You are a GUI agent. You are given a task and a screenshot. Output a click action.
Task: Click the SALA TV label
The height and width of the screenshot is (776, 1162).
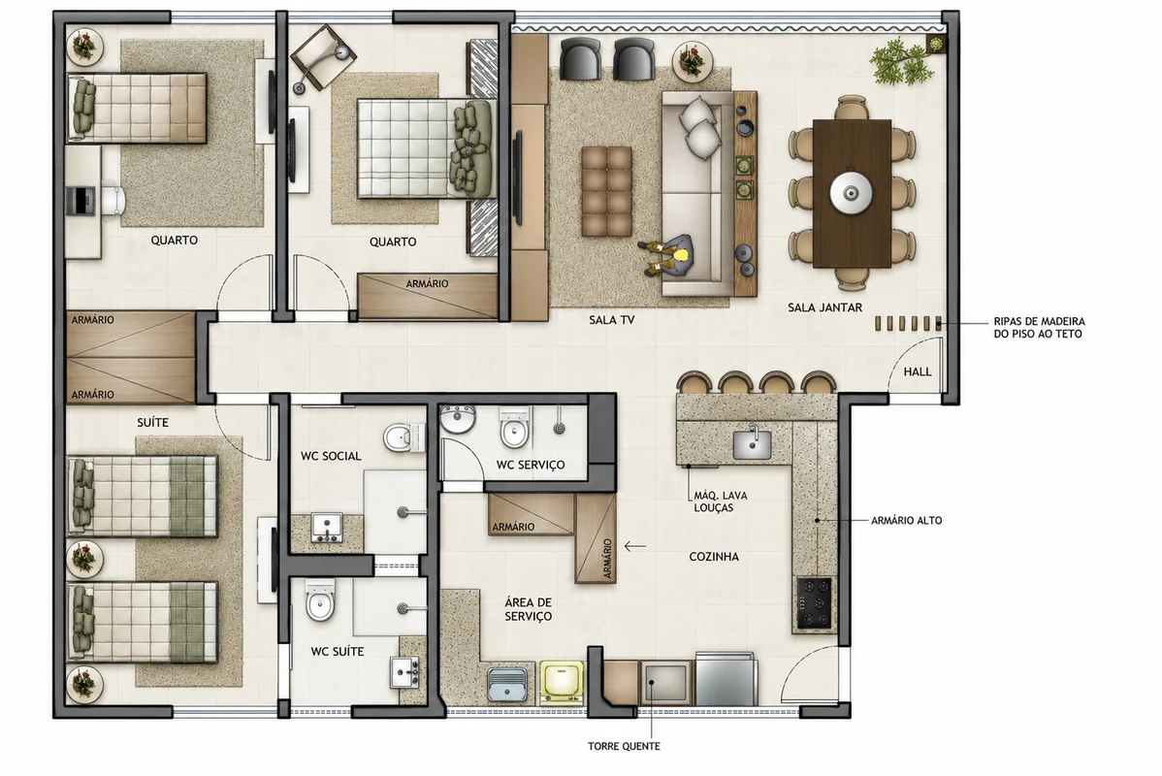coord(611,320)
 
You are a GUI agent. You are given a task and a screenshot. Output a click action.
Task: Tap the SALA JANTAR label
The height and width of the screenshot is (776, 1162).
coord(824,307)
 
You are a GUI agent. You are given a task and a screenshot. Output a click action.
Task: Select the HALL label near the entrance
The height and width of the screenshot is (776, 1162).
coord(918,372)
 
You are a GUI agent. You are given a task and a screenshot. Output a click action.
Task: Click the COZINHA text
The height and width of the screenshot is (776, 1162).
coord(714,557)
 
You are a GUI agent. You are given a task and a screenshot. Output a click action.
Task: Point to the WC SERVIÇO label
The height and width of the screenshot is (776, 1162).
coord(531,465)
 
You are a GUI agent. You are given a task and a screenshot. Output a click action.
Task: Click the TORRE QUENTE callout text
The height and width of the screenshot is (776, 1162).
coord(624,746)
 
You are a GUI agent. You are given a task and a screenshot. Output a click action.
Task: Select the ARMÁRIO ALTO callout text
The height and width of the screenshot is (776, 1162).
coord(906,520)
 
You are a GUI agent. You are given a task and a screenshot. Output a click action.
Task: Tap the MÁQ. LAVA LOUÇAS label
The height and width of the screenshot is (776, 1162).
coord(721,501)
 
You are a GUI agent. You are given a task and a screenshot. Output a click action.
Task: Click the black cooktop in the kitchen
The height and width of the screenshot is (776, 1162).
coord(814,602)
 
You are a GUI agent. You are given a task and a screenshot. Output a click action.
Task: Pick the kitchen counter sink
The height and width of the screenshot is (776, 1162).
coord(752,444)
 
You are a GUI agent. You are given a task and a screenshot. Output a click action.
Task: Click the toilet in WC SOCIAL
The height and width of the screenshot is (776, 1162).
coord(403,437)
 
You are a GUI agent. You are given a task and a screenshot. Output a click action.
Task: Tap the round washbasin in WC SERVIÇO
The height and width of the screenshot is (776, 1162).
coord(457,419)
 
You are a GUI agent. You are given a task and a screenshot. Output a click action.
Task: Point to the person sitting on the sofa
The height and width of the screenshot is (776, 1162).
coord(667,256)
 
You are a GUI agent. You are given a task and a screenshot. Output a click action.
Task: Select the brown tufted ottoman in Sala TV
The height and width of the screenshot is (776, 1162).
coord(607,191)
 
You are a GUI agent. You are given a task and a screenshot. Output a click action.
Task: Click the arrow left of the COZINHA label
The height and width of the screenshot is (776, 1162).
coord(635,547)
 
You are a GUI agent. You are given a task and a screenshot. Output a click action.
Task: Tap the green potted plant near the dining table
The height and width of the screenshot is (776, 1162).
coord(901,64)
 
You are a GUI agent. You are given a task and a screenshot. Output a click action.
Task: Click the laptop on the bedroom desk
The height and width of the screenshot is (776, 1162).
coord(81,200)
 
